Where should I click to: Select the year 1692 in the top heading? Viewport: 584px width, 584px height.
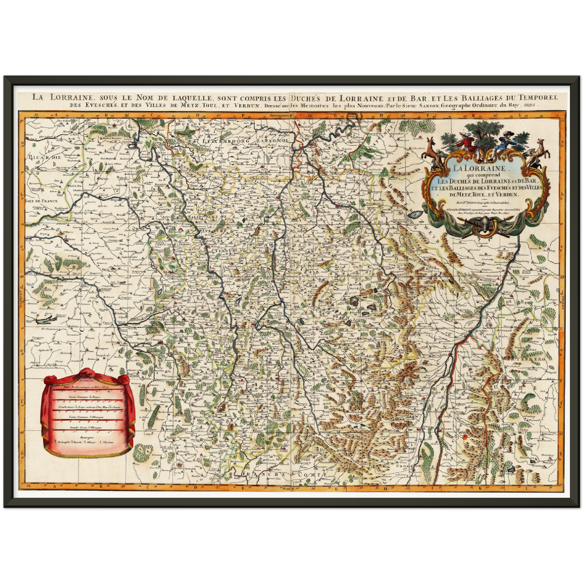(x=530, y=105)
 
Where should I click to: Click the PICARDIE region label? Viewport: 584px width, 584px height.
(x=44, y=157)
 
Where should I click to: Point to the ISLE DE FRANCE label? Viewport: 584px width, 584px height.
(x=41, y=200)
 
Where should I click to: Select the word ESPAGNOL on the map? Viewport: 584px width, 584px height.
(x=275, y=140)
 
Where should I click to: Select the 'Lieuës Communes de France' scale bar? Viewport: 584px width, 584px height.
(x=87, y=401)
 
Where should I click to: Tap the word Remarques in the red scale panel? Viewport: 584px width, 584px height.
(x=86, y=436)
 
